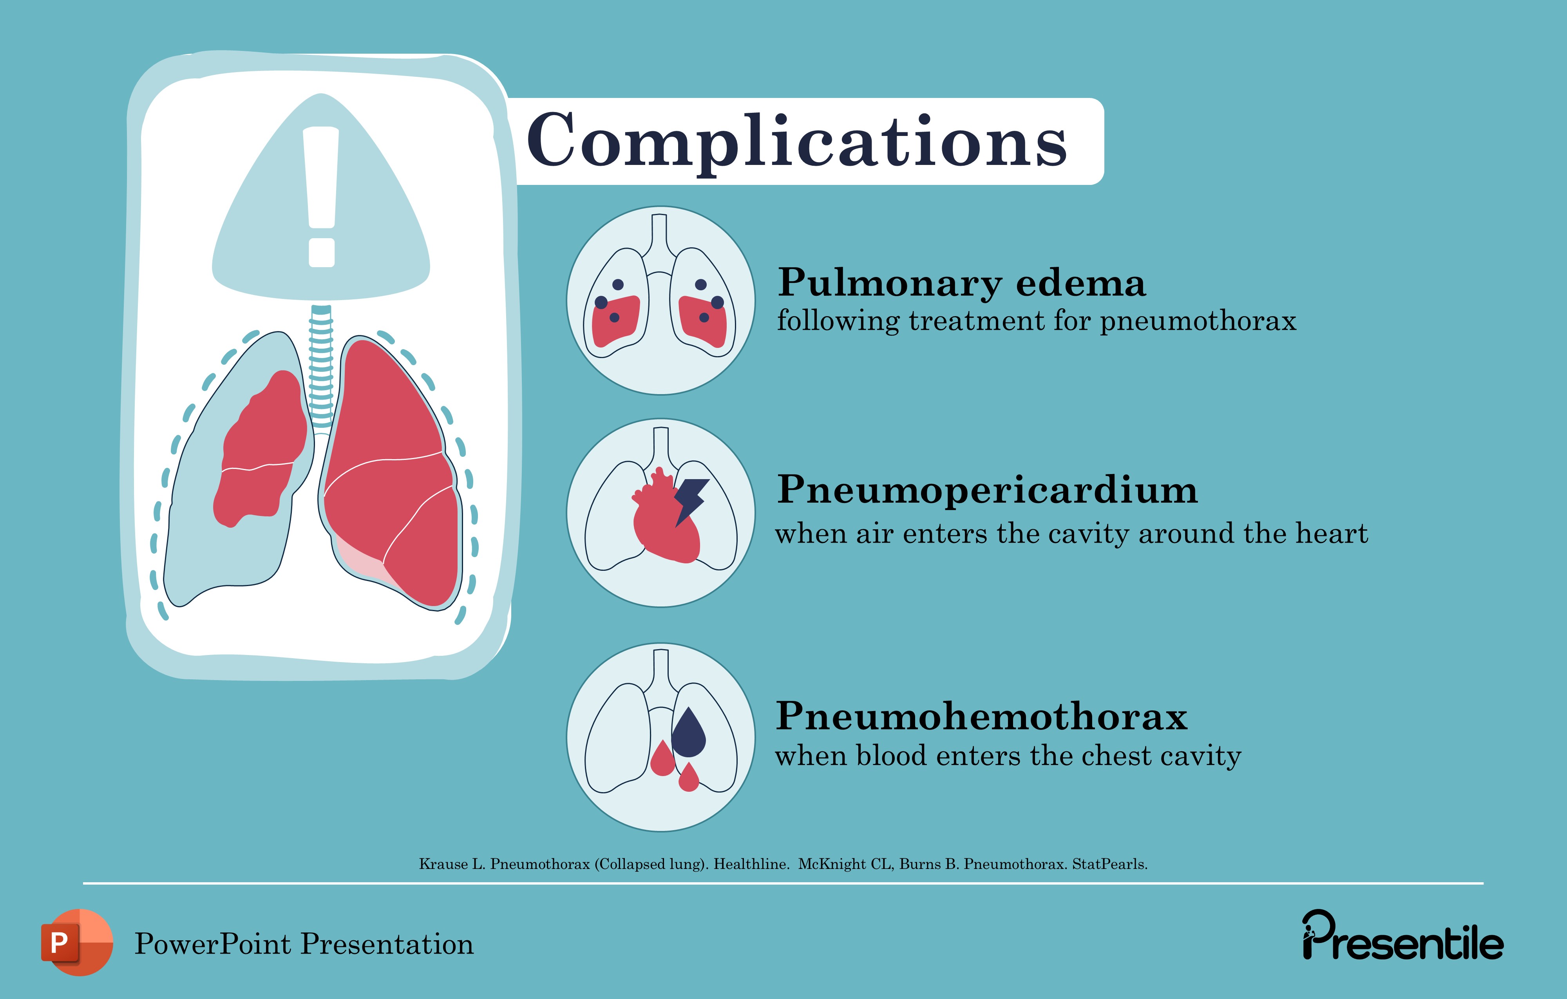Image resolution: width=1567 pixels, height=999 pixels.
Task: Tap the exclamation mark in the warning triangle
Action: click(x=321, y=195)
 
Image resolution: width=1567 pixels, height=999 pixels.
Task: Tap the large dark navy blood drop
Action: click(x=688, y=734)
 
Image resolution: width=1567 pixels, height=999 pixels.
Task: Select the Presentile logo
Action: click(x=1402, y=937)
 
